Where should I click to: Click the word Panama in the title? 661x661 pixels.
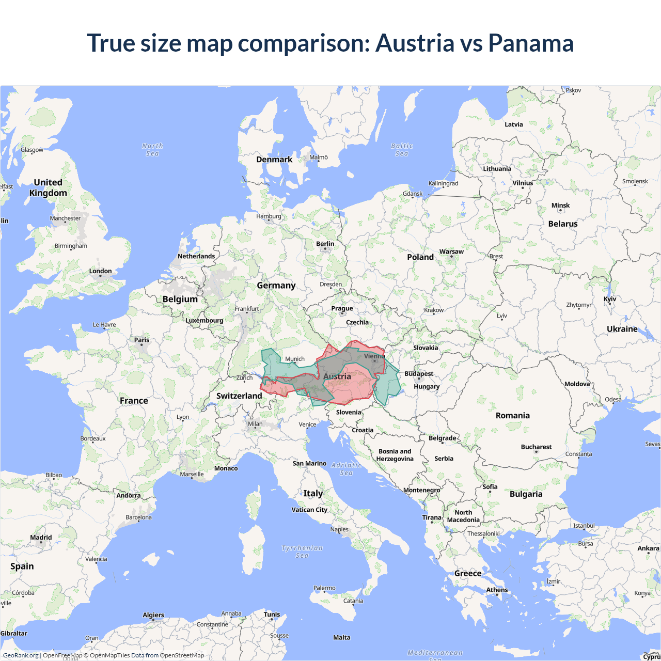pos(530,43)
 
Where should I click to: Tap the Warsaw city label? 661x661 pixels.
pos(451,251)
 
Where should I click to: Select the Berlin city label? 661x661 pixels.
pos(325,244)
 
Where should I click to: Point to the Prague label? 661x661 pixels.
pos(342,308)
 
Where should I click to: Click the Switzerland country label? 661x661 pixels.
pos(239,396)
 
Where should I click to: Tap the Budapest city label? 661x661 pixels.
pos(419,373)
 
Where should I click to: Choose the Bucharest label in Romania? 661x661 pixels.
pos(536,447)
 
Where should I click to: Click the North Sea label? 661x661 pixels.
pos(152,150)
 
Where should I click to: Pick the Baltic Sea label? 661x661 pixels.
pos(402,150)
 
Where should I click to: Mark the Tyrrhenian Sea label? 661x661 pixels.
pos(302,552)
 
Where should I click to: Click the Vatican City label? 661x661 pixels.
pos(309,510)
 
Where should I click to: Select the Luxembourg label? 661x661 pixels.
pos(204,320)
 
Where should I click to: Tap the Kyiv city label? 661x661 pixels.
pos(610,299)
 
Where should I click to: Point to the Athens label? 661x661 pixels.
pos(497,590)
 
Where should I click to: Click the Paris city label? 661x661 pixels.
pos(141,340)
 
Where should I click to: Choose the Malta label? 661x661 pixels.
pos(341,637)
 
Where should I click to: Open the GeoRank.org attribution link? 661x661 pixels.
pos(21,655)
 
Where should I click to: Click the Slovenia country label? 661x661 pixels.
pos(349,412)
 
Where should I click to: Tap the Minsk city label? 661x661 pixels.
pos(560,205)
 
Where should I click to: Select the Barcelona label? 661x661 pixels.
pos(138,517)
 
